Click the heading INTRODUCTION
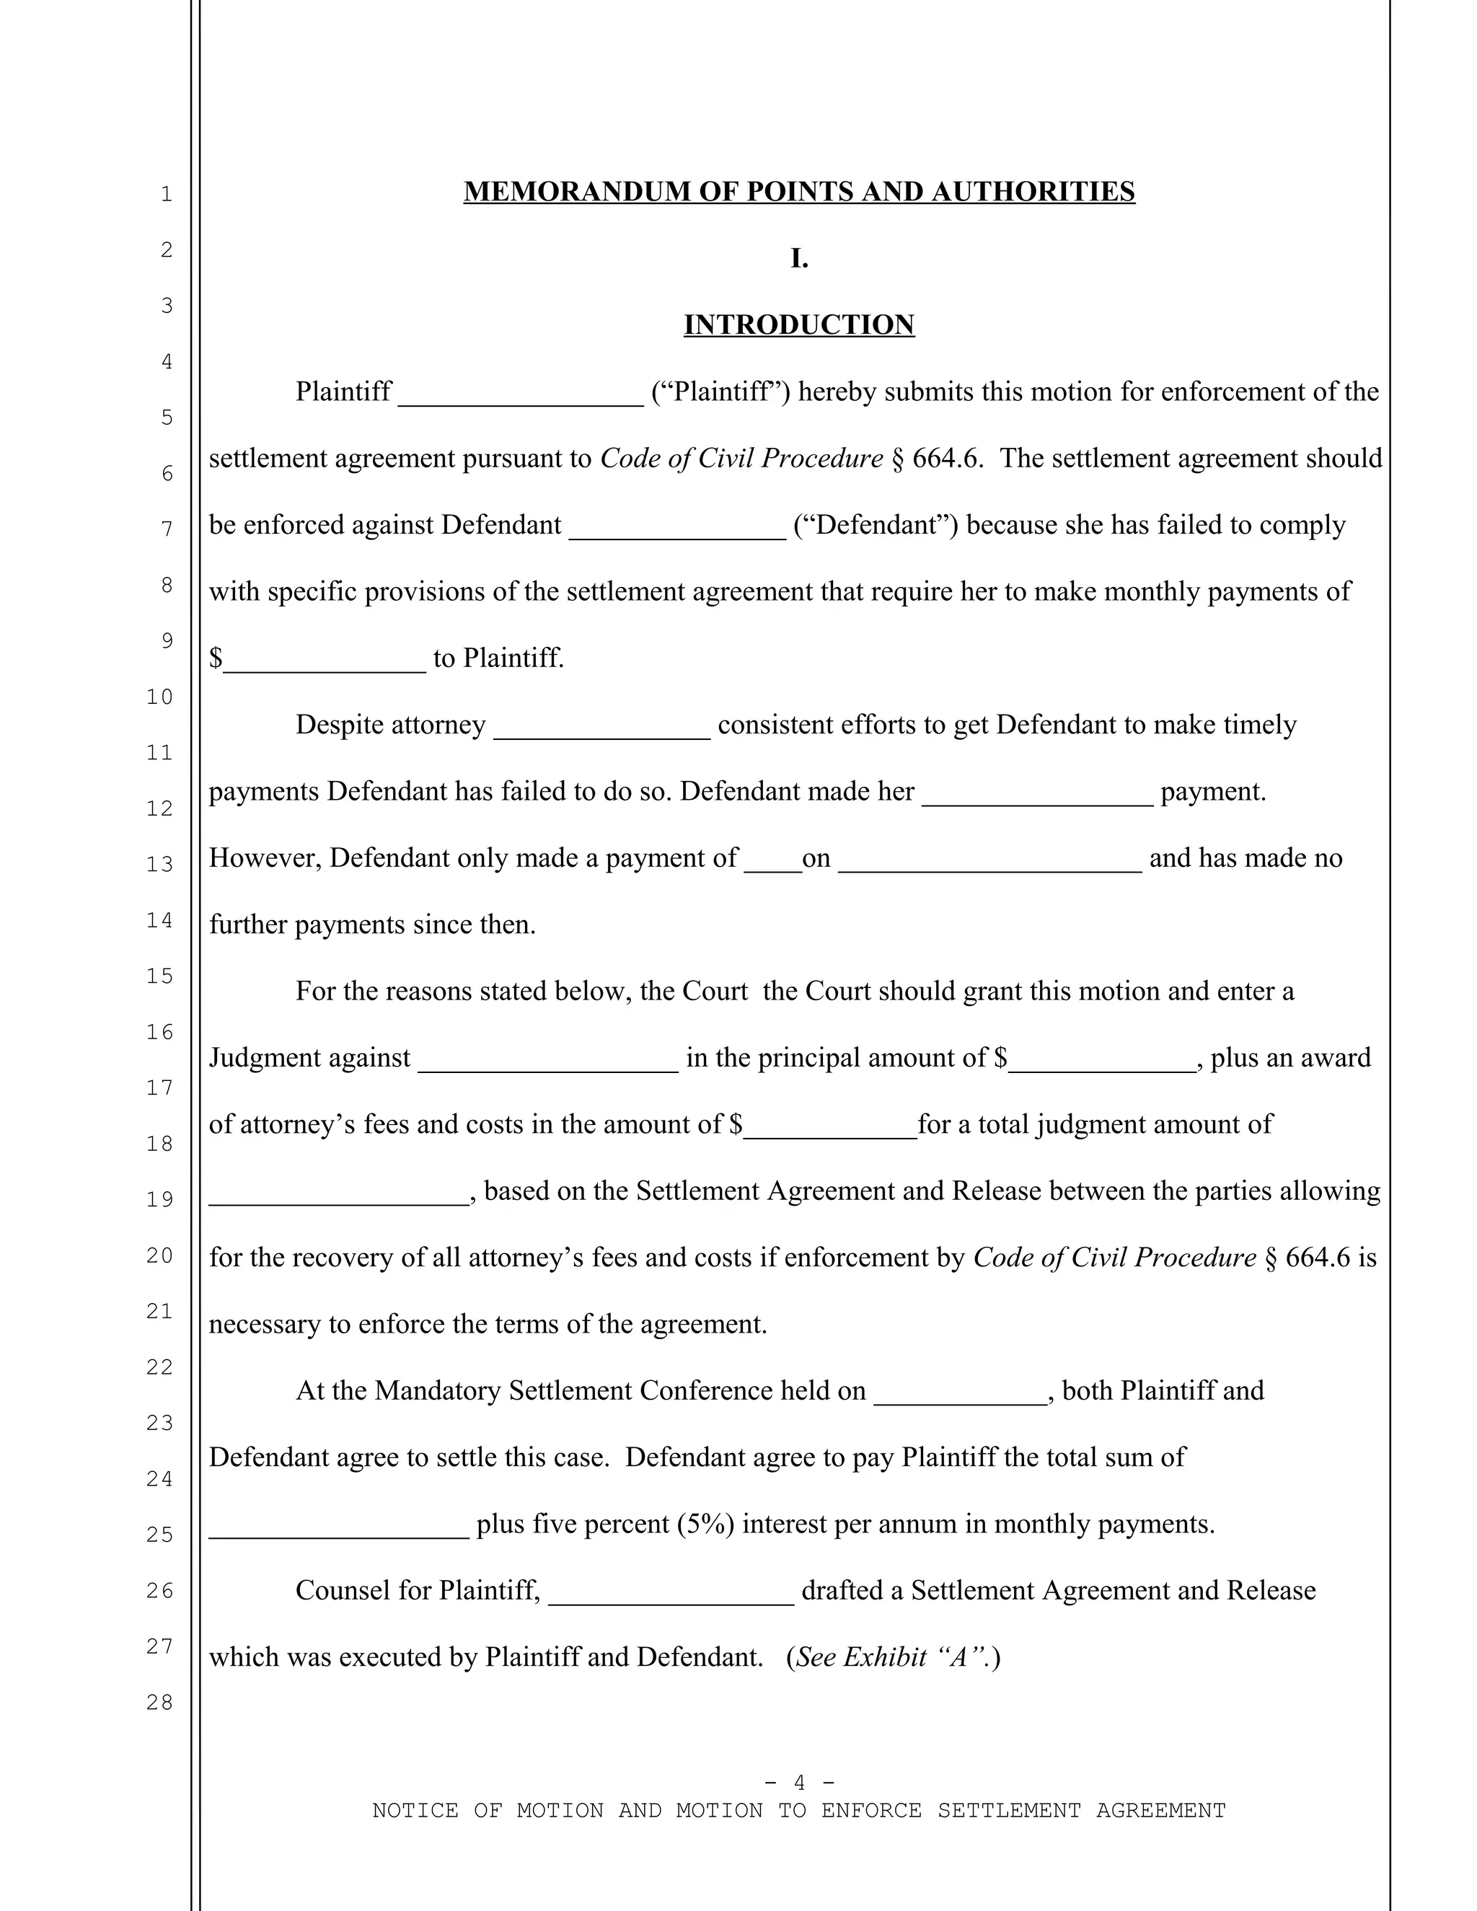pyautogui.click(x=798, y=325)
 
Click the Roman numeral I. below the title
pyautogui.click(x=798, y=258)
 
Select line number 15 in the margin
pyautogui.click(x=160, y=976)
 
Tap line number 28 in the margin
pyautogui.click(x=160, y=1702)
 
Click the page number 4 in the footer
pyautogui.click(x=799, y=1783)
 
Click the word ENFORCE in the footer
pyautogui.click(x=870, y=1810)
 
